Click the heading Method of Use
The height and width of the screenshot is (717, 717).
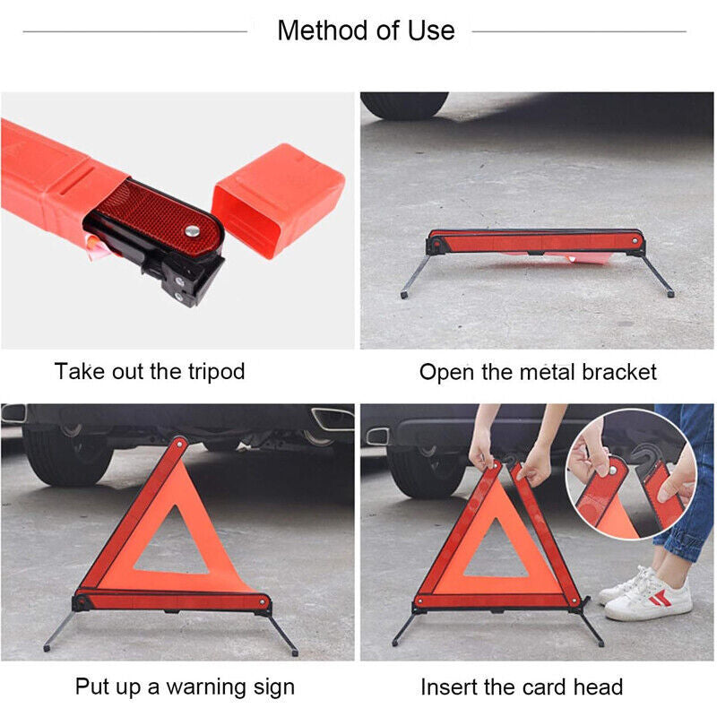tap(366, 30)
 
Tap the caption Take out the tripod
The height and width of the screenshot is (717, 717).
tap(150, 371)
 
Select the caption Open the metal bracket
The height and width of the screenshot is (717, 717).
tap(538, 372)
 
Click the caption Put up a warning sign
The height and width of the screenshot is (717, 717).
tap(185, 687)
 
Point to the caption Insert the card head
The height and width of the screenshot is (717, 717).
tap(522, 687)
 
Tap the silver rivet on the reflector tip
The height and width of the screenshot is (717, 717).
tap(192, 231)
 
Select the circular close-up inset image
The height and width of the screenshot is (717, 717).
tap(632, 475)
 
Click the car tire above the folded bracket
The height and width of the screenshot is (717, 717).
tap(405, 105)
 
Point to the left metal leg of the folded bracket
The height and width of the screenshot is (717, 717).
tap(415, 277)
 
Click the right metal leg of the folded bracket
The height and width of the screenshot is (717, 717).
tap(658, 276)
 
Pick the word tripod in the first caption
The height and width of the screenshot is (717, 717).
tap(217, 372)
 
